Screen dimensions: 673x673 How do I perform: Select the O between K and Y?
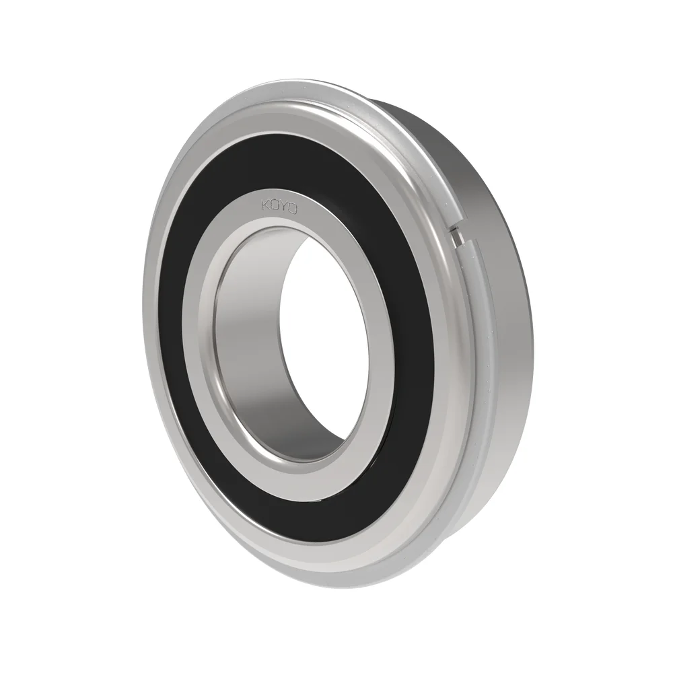coord(276,203)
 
